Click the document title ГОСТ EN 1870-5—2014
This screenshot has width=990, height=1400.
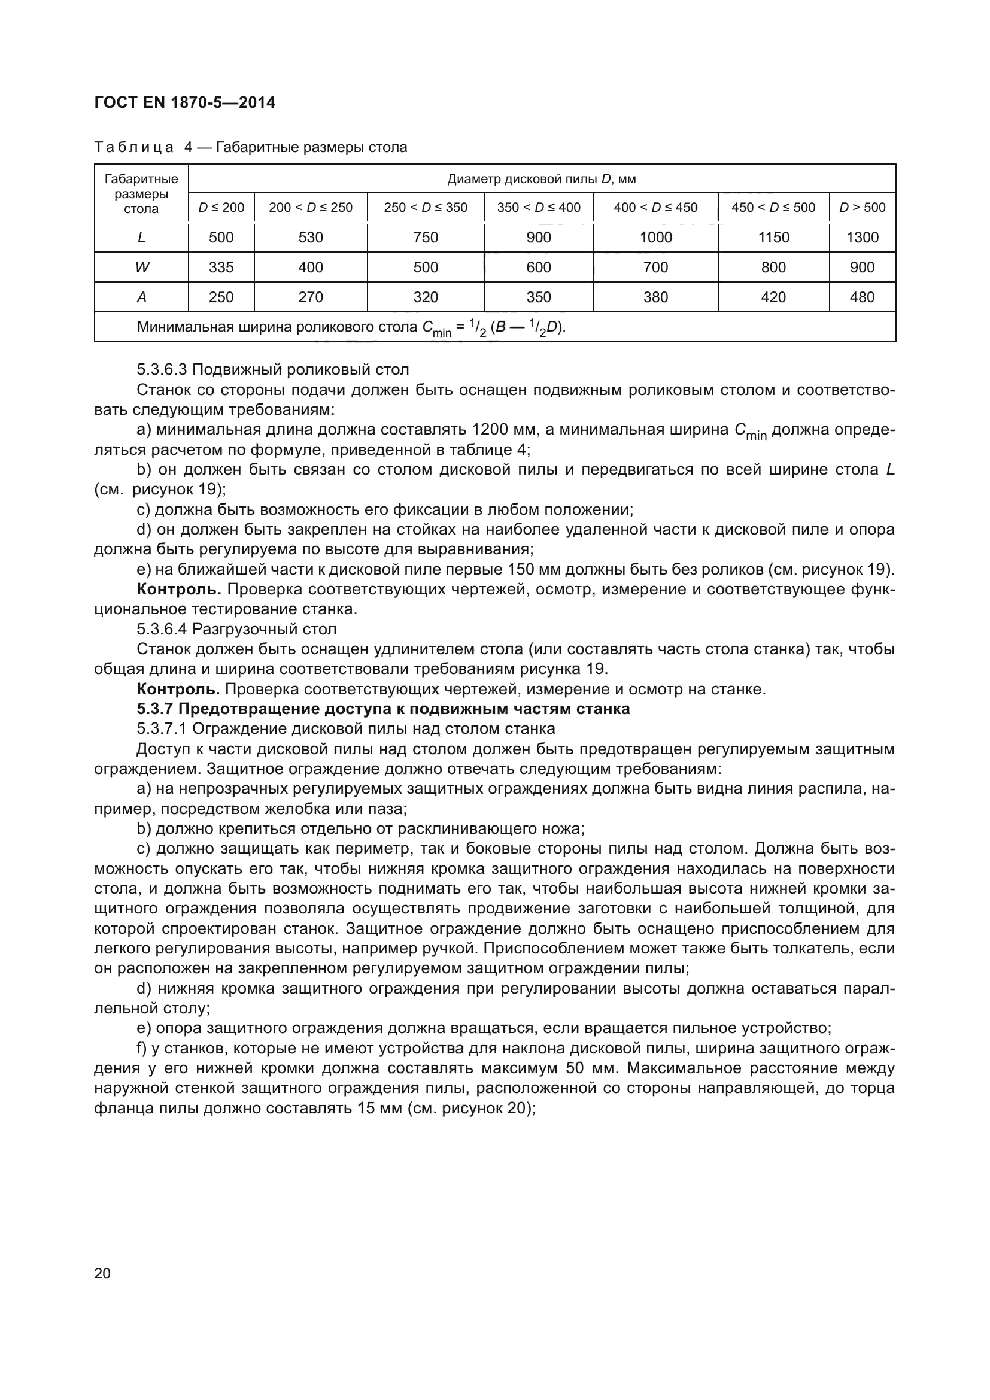coord(185,102)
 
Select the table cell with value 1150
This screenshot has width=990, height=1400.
coord(773,237)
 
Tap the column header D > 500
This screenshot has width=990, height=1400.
coord(862,207)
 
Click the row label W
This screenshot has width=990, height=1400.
coord(141,267)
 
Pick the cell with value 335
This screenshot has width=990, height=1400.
coord(221,267)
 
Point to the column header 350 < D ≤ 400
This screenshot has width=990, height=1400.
coord(538,207)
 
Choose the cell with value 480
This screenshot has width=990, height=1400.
coord(862,297)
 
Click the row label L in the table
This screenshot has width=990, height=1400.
coord(141,237)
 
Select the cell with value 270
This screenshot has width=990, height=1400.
coord(310,297)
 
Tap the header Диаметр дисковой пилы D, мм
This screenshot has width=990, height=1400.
coord(541,178)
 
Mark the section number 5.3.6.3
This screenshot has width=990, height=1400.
coord(162,369)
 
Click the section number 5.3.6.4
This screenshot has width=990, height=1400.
coord(162,628)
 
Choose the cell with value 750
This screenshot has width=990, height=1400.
coord(426,237)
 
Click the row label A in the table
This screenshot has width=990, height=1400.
coord(141,297)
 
